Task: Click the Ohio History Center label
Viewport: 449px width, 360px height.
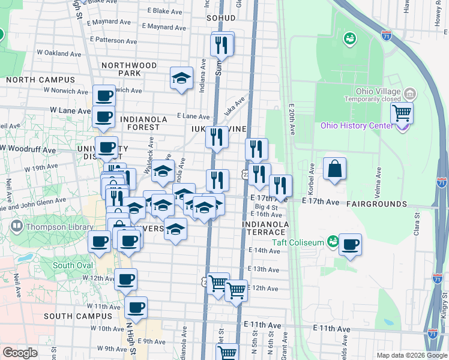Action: click(354, 126)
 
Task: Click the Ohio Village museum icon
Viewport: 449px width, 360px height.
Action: click(411, 94)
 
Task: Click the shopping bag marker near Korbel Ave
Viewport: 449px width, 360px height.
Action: click(334, 169)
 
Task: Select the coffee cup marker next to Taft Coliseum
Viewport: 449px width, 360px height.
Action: click(350, 245)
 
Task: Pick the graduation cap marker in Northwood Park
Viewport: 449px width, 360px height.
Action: click(181, 78)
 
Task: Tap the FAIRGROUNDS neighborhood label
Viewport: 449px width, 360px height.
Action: click(377, 204)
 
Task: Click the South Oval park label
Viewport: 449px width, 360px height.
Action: click(73, 265)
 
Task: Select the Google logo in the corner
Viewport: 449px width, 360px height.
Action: click(20, 353)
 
